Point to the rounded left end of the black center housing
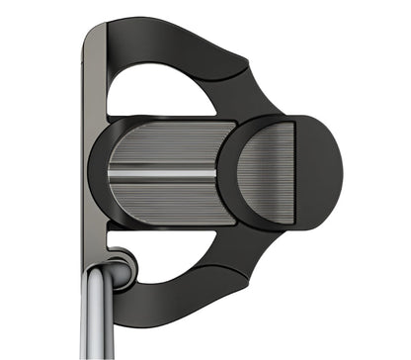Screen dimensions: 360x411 (97, 173)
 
